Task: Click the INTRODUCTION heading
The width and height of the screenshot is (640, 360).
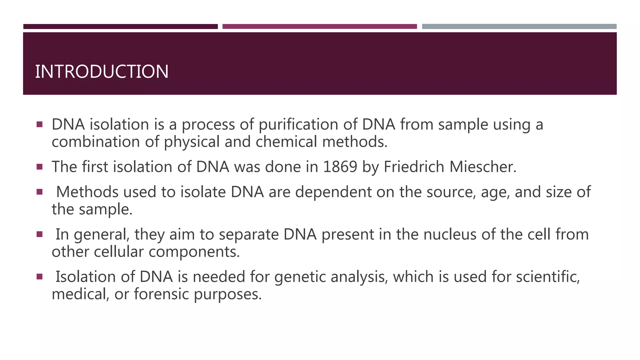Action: click(102, 72)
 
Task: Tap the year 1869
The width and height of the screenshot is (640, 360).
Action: click(340, 167)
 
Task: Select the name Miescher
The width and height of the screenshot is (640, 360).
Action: click(483, 167)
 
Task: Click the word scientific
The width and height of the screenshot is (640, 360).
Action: click(547, 277)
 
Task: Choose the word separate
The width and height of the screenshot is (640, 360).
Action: click(248, 235)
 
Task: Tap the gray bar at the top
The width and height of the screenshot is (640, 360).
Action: click(519, 27)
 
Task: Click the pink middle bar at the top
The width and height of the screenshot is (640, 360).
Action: click(319, 27)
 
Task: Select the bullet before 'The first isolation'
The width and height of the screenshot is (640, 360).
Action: click(39, 167)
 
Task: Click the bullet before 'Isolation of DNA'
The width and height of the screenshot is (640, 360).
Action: click(39, 277)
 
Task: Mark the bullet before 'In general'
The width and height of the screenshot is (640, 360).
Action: click(39, 234)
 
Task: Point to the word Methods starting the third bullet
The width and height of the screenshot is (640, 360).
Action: click(87, 192)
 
